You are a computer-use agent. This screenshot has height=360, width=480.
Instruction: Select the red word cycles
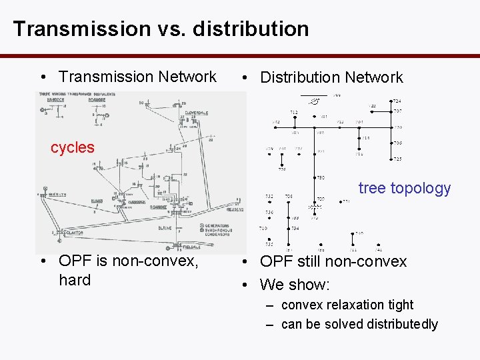tap(73, 147)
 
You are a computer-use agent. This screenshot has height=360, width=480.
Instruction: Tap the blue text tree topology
tap(405, 188)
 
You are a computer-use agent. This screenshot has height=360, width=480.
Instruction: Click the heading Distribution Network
tap(331, 77)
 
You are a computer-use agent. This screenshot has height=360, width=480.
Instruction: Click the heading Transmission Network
tap(137, 77)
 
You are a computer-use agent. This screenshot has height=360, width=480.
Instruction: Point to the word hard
tap(75, 280)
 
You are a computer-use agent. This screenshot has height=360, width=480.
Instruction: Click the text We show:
tap(295, 285)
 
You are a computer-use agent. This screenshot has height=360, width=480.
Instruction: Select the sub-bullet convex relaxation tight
tap(347, 305)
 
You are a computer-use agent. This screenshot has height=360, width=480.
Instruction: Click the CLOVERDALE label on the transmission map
tap(197, 113)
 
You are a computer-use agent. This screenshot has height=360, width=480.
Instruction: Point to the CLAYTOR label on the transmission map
tap(74, 233)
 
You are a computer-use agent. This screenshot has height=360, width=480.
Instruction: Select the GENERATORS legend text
tap(217, 226)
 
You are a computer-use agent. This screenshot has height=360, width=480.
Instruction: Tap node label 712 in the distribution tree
tap(294, 111)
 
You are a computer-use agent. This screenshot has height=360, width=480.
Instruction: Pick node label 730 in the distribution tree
tap(321, 177)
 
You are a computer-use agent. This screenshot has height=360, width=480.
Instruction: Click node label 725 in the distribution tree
tap(397, 159)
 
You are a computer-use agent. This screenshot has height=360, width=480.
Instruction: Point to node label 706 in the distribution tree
tap(397, 143)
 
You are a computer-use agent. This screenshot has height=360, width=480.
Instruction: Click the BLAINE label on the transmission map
tap(165, 228)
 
